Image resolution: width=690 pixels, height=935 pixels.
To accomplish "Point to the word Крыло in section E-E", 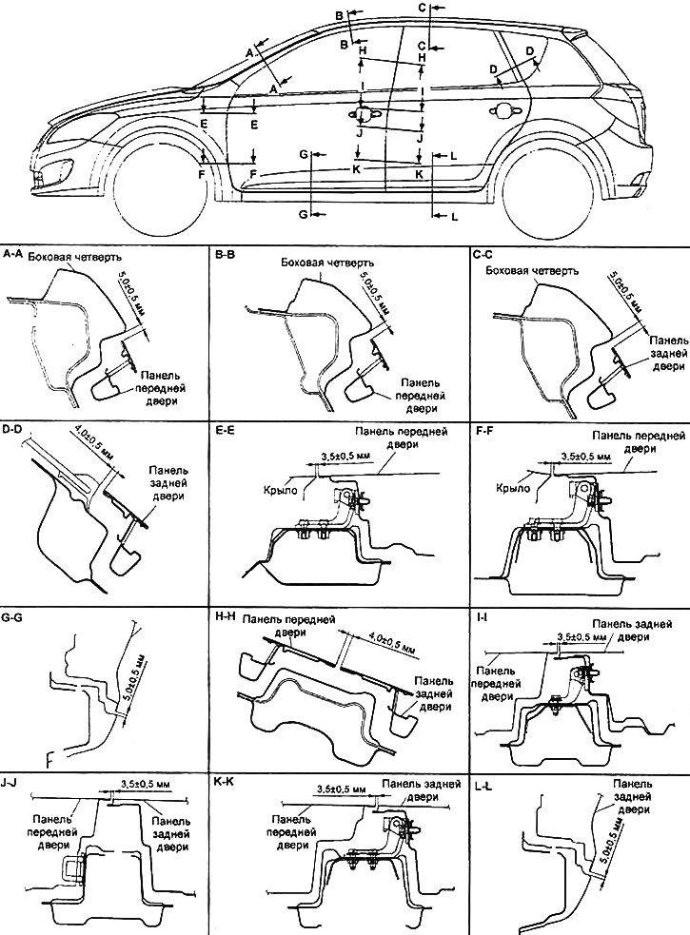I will [x=278, y=489].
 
